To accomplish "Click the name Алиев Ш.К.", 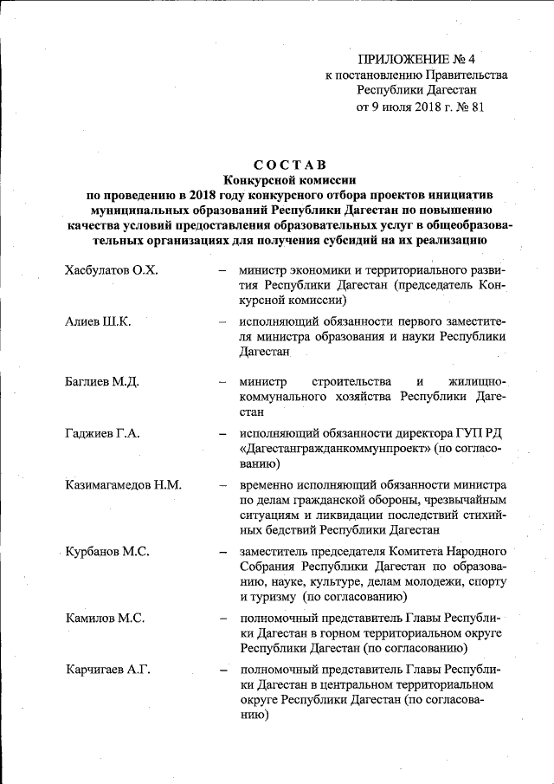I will pyautogui.click(x=98, y=322).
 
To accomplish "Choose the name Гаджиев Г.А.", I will pyautogui.click(x=101, y=433).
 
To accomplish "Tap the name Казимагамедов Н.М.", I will pyautogui.click(x=123, y=484).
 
